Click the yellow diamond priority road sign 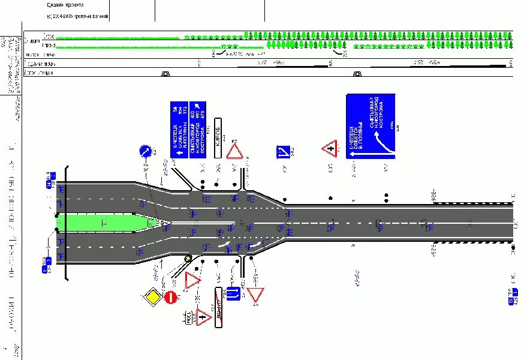point(153,296)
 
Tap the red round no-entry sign point(170,296)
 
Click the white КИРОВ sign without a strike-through point(218,139)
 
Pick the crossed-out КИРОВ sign point(221,302)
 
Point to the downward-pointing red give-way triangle point(256,295)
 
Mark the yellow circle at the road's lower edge point(188,259)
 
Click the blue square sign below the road point(233,294)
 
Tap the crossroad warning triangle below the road point(204,316)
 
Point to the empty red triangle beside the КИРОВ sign point(234,150)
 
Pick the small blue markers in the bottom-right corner point(511,296)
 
